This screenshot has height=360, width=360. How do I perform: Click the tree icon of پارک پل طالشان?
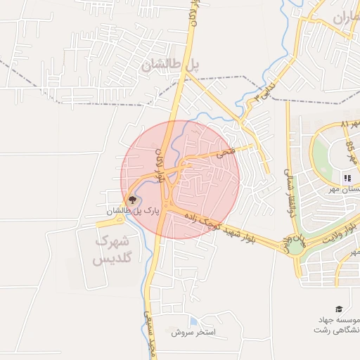(x=131, y=200)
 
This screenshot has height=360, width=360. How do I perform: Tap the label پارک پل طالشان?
(x=134, y=210)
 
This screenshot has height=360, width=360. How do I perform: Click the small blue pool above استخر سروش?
(x=193, y=321)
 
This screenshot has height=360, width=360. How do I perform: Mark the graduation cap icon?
(x=338, y=309)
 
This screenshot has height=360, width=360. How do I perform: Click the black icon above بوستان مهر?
(x=347, y=178)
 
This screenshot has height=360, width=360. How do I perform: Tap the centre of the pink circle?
(x=181, y=179)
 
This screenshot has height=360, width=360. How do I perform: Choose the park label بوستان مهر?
(x=345, y=190)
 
